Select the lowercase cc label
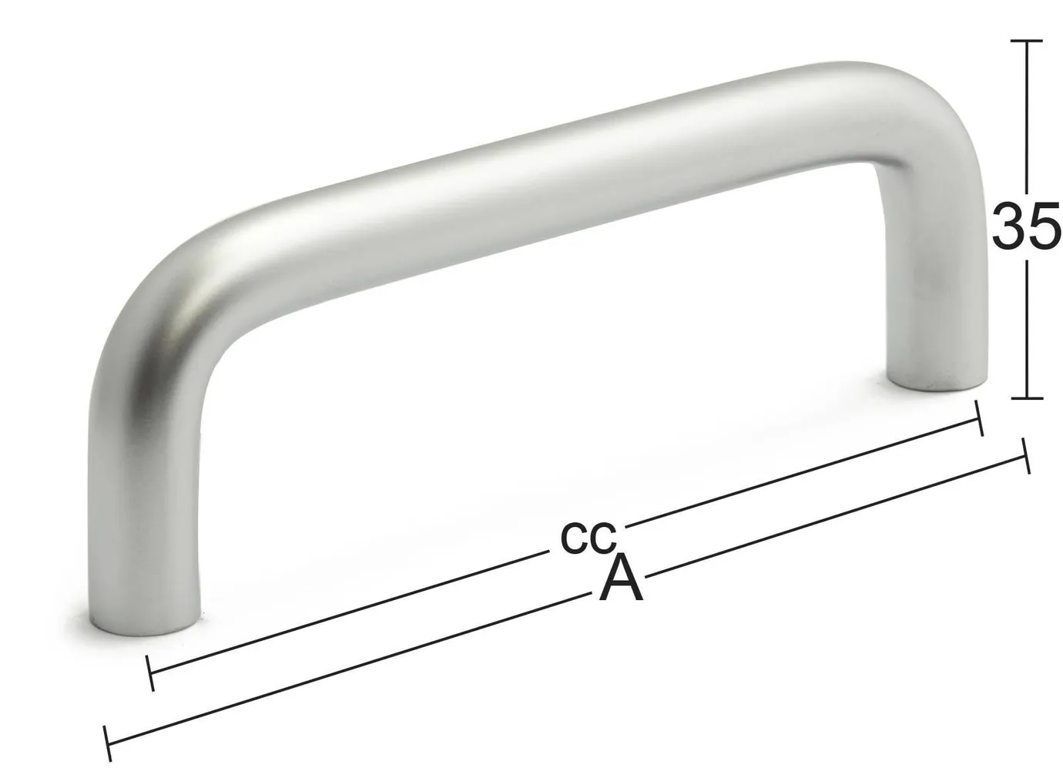[x=588, y=537]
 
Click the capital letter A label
[x=621, y=579]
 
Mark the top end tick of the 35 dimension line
[x=1026, y=40]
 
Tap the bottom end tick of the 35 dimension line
[x=1026, y=398]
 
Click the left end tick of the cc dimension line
[x=150, y=673]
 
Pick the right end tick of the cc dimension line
[x=979, y=418]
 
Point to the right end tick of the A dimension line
[x=1025, y=455]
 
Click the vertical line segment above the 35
[x=1026, y=116]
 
